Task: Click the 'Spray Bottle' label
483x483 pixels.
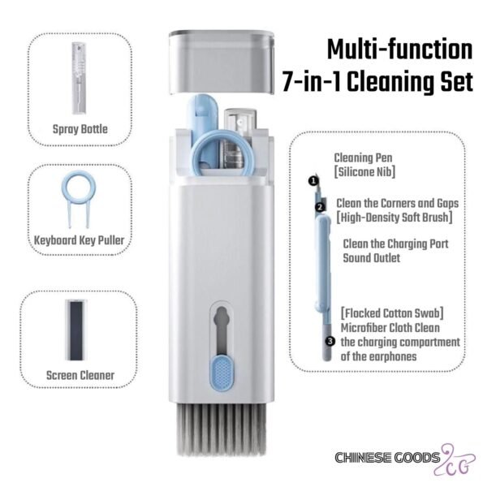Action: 80,129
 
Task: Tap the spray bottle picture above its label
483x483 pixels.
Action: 80,78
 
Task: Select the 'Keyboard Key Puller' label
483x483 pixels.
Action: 80,240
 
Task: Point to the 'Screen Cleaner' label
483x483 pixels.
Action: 80,375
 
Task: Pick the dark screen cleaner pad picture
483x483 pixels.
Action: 75,330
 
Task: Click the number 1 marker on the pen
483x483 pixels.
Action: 313,181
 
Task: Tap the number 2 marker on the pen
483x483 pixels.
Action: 321,207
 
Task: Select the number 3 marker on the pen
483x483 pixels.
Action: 330,341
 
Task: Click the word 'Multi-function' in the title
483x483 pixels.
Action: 399,50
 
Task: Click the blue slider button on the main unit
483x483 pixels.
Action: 221,374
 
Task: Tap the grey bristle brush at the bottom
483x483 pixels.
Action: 222,429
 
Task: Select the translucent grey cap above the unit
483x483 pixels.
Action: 222,62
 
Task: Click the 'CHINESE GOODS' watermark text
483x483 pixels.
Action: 387,458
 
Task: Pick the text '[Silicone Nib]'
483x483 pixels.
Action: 364,172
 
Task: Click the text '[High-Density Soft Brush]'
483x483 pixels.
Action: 395,218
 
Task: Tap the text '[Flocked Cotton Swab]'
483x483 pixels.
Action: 392,313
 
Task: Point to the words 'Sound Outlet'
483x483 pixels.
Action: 372,258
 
